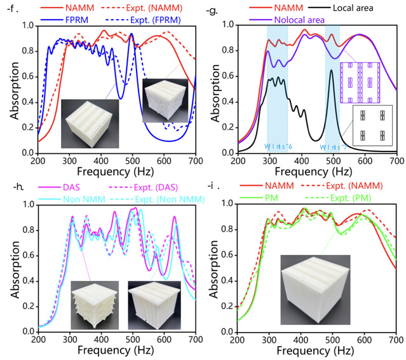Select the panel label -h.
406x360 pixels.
8,186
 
